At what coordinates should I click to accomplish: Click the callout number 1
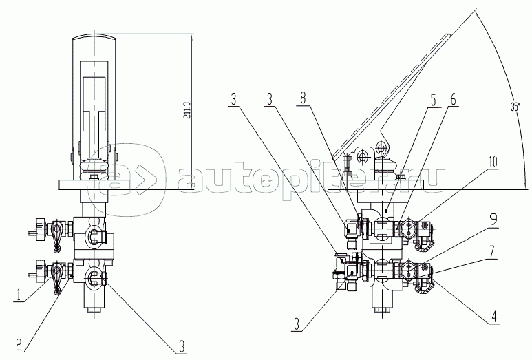19,295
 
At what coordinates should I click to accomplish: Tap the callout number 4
493,317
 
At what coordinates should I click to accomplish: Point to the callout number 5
434,100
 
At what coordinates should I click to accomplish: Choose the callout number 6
453,100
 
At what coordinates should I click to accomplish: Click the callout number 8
303,98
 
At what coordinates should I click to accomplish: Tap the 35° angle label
515,107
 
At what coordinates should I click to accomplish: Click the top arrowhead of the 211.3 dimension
191,38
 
